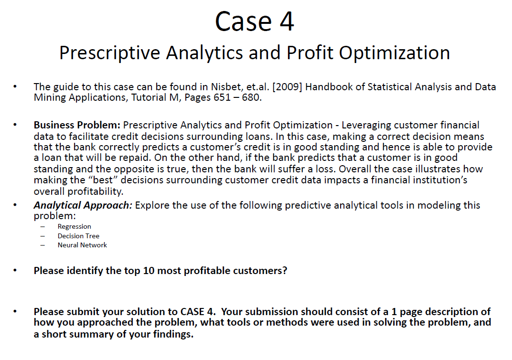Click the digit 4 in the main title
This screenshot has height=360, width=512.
tap(286, 21)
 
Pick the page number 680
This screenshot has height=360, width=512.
tap(252, 98)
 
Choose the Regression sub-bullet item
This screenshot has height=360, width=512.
tap(74, 226)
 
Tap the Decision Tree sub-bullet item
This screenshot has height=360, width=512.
tap(78, 236)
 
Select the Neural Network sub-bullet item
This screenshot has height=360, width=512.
tap(82, 245)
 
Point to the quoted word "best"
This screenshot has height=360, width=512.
tap(92, 180)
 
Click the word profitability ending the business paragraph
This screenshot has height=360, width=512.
tap(78, 191)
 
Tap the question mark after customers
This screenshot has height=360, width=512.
tap(285, 271)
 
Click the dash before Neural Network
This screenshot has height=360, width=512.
tap(43, 245)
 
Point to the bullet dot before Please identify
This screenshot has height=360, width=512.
tap(16, 271)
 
